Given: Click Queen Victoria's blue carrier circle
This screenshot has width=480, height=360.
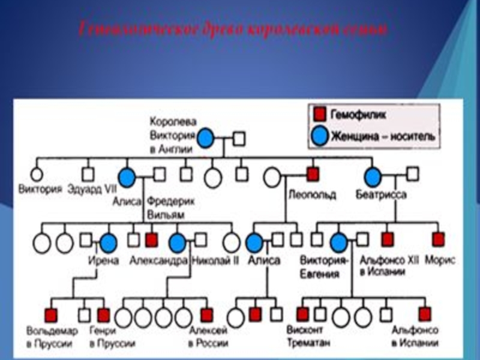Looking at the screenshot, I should tap(206, 138).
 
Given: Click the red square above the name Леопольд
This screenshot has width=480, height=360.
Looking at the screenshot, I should tap(312, 175).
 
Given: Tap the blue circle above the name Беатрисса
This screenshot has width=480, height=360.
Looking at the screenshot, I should tap(373, 176).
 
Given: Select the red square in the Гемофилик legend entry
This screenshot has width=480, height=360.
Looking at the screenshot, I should tap(320, 113).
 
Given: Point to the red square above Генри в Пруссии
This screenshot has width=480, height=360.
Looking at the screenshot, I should tap(104, 314).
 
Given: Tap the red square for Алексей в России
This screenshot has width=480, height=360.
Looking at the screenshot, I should tap(206, 314).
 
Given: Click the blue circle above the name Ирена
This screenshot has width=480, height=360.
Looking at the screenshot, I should tap(108, 242).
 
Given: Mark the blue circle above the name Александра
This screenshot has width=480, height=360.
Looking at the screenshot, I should tap(176, 242).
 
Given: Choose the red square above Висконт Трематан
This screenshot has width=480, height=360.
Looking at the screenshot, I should tap(302, 313).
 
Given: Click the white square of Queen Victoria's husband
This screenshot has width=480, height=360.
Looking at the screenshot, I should tap(239, 139).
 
